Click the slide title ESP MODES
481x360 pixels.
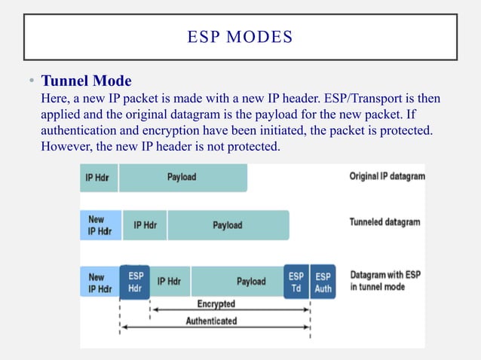coord(240,36)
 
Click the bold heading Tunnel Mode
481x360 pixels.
coord(86,81)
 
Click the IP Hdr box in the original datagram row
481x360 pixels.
coord(99,177)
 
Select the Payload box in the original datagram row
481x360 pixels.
coord(182,177)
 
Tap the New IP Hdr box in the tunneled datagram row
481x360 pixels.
coord(99,224)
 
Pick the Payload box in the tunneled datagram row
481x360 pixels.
coord(227,224)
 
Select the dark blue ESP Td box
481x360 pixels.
coord(296,282)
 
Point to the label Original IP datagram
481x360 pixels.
coord(387,177)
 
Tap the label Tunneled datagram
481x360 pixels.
coord(384,222)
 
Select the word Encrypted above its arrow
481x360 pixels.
coord(216,304)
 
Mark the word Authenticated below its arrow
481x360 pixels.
coord(211,321)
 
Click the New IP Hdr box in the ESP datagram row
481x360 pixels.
coord(99,282)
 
